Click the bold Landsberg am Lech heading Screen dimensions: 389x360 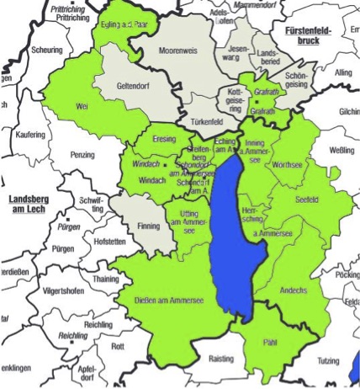(29, 204)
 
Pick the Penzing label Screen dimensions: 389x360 (83, 156)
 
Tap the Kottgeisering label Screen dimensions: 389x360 (234, 98)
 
